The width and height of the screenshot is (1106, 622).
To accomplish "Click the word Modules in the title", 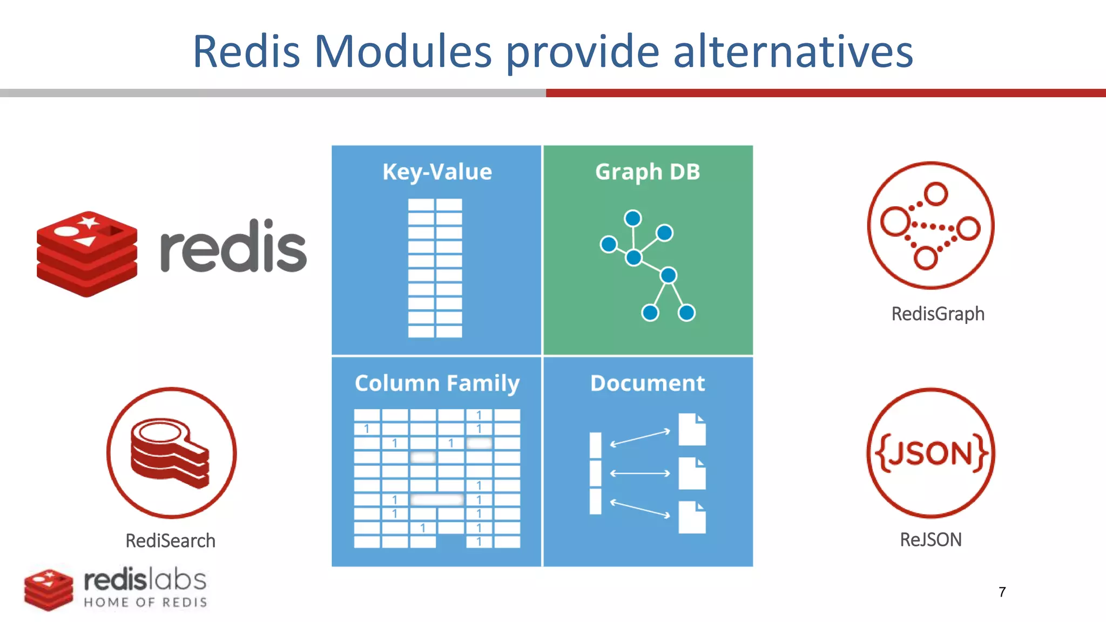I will pyautogui.click(x=402, y=52).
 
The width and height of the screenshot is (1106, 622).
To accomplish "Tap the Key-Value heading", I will pyautogui.click(x=437, y=172).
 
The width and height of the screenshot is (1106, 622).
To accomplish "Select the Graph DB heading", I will pyautogui.click(x=648, y=172).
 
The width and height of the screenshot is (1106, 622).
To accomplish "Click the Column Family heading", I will pyautogui.click(x=437, y=383).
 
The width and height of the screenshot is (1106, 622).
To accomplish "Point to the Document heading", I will pyautogui.click(x=648, y=383).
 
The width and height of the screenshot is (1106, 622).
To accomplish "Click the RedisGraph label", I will pyautogui.click(x=938, y=314).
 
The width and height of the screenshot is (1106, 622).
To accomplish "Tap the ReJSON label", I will pyautogui.click(x=930, y=540).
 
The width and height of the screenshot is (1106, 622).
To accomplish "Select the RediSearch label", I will pyautogui.click(x=170, y=541).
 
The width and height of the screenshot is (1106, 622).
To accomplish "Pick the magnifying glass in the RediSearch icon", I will pyautogui.click(x=162, y=435).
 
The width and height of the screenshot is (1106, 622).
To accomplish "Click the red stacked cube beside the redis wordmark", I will pyautogui.click(x=86, y=254).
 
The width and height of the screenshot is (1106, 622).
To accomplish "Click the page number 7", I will pyautogui.click(x=1002, y=592).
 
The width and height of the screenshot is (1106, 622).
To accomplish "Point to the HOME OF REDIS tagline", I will pyautogui.click(x=145, y=603).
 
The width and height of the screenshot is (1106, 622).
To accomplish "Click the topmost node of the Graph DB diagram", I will pyautogui.click(x=632, y=218).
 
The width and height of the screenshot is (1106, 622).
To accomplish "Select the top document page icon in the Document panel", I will pyautogui.click(x=692, y=429).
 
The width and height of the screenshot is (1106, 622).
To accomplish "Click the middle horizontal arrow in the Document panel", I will pyautogui.click(x=640, y=474).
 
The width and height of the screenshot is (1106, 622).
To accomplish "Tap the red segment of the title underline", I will pyautogui.click(x=825, y=93).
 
